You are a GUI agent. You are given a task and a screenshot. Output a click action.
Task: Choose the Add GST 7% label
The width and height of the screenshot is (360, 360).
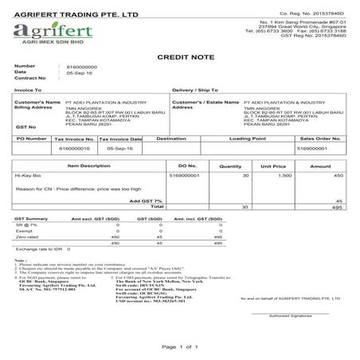coord(146,200)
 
